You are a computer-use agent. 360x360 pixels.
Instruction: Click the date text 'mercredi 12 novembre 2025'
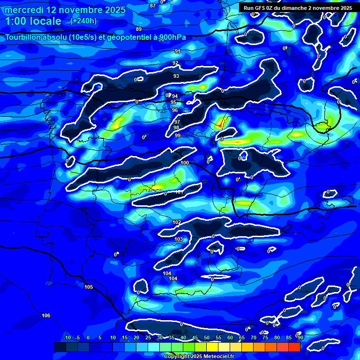coord(65,10)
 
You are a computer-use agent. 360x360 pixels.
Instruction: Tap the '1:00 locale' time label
coord(33,21)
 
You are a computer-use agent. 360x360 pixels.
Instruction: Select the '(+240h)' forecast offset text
coord(83,21)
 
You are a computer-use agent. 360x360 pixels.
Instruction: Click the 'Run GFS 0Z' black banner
coord(298,8)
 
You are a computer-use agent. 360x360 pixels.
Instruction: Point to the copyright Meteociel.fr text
coord(196,356)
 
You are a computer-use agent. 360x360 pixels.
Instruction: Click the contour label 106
coord(46,315)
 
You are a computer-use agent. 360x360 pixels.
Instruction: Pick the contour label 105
coord(89,287)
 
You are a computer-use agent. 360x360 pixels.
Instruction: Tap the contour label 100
coord(185,163)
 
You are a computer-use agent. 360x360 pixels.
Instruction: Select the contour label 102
coord(177,222)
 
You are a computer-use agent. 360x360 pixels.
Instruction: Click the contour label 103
coord(179,239)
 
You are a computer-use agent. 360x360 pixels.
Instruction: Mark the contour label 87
coord(153,6)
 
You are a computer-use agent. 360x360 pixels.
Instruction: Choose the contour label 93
coord(176,76)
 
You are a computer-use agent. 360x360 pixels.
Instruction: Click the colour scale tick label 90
coord(300,337)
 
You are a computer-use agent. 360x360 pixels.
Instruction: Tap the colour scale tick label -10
coord(67,337)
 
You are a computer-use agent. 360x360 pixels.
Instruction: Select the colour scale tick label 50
coord(207,337)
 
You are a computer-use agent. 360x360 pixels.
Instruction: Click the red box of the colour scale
coord(294,347)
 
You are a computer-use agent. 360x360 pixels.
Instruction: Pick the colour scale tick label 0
coord(88,337)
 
